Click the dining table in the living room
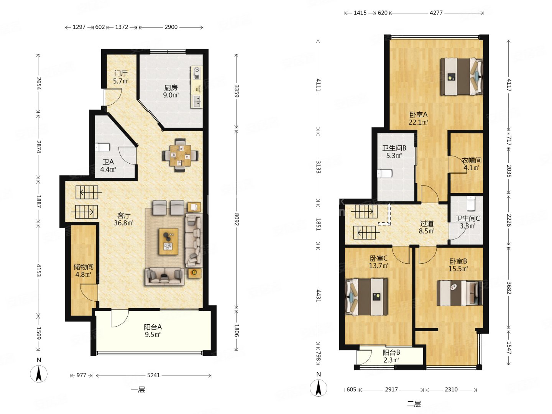180,155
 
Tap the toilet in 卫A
102,147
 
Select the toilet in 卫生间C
470,203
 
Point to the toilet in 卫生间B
384,173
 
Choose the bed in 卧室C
366,297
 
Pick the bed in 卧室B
460,293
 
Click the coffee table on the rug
168,242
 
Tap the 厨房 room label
171,88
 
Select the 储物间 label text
84,266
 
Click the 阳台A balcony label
153,327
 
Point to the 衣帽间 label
472,160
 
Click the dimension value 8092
237,219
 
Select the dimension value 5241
153,375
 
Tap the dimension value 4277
436,13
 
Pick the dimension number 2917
391,389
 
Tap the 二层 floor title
414,404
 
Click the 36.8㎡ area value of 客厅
123,223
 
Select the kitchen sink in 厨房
197,101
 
